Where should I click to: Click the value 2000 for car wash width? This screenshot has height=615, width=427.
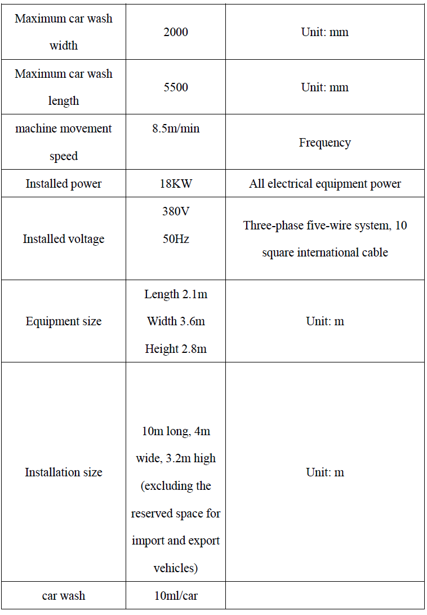(176, 32)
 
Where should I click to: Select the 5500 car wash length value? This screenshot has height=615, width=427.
(176, 87)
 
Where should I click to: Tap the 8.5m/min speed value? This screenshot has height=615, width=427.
(176, 129)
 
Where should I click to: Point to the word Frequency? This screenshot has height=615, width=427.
(324, 143)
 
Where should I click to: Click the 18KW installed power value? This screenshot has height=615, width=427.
(176, 184)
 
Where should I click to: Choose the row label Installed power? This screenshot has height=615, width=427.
(64, 184)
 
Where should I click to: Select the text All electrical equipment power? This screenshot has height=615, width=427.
(325, 184)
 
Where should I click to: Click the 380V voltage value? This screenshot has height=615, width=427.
(176, 211)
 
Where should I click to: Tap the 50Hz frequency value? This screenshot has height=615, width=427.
(176, 239)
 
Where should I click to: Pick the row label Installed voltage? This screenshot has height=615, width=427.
(64, 239)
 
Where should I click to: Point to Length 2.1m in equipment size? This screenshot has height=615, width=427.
(176, 294)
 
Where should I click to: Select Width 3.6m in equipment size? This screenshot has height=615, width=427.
(176, 321)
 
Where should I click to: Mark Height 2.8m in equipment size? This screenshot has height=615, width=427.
(176, 349)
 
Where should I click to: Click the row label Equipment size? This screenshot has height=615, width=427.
(64, 321)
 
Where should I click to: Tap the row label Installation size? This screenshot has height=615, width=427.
(64, 472)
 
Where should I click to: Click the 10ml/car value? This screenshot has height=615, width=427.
(176, 596)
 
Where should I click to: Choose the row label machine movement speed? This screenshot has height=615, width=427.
(64, 142)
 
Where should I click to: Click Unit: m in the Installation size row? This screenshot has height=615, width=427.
(325, 472)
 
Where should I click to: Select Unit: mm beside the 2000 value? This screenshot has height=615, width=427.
(325, 32)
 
